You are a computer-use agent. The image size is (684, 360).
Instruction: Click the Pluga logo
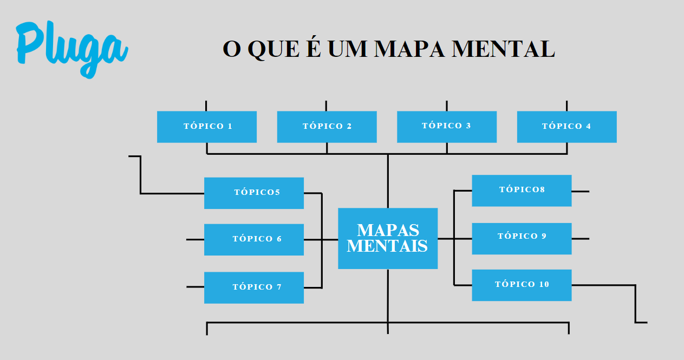pyautogui.click(x=70, y=48)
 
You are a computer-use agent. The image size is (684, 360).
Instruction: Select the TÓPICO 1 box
pyautogui.click(x=207, y=127)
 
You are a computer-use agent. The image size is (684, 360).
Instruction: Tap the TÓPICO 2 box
pyautogui.click(x=327, y=127)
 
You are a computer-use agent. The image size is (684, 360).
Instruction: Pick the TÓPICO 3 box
pyautogui.click(x=447, y=127)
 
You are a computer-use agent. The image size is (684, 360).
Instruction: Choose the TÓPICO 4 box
pyautogui.click(x=566, y=127)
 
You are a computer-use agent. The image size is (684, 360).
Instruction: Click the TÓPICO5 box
pyautogui.click(x=253, y=193)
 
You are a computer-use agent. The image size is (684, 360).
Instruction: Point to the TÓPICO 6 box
pyautogui.click(x=253, y=239)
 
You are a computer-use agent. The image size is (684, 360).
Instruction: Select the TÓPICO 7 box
pyautogui.click(x=253, y=287)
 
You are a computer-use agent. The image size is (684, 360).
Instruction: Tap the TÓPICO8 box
pyautogui.click(x=522, y=191)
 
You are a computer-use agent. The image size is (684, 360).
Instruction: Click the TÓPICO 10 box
pyautogui.click(x=522, y=285)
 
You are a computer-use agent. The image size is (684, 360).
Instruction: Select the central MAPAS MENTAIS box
pyautogui.click(x=388, y=238)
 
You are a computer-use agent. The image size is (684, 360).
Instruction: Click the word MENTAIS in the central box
pyautogui.click(x=387, y=246)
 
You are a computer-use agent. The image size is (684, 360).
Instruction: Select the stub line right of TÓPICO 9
pyautogui.click(x=580, y=239)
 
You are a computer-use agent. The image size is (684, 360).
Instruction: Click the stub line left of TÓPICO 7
pyautogui.click(x=195, y=287)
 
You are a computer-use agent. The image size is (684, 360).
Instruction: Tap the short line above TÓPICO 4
pyautogui.click(x=566, y=106)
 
